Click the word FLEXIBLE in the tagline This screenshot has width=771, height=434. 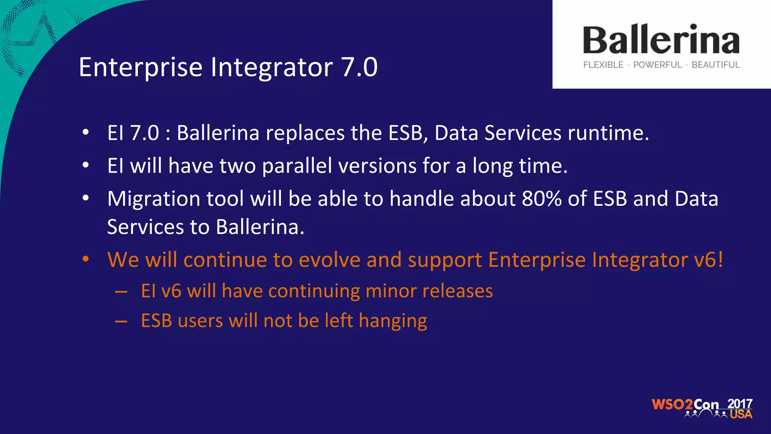pos(603,65)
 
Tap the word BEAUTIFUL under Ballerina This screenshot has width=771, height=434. pos(715,65)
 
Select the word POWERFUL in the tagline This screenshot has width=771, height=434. pos(657,65)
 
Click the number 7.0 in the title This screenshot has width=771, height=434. pos(359,67)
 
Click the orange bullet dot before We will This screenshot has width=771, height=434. pos(86,259)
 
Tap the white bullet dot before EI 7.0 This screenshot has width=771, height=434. pos(86,132)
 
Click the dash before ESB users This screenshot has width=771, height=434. pos(121,321)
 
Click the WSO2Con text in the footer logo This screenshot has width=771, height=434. pos(685,405)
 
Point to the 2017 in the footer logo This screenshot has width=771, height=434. pos(739,403)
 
